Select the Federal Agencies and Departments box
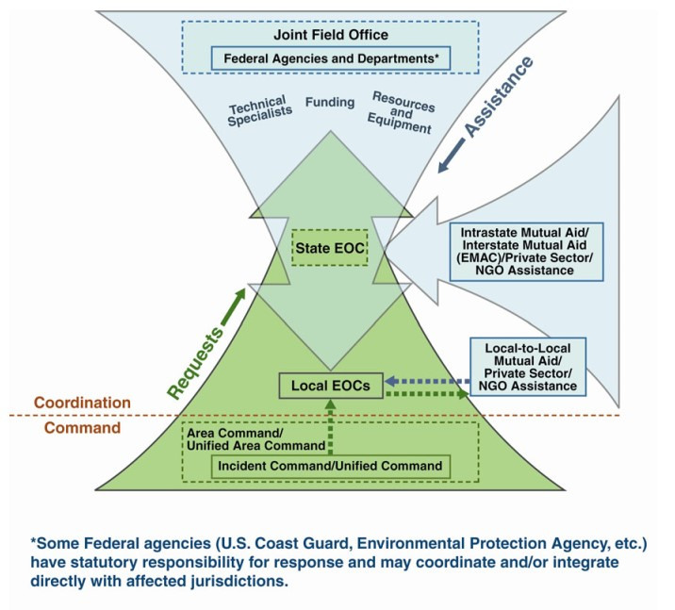tap(331, 58)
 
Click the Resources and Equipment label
tap(402, 111)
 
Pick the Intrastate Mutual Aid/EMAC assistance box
tap(524, 250)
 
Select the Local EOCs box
tap(329, 385)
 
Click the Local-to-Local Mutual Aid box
tap(527, 366)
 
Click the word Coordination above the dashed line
tap(82, 403)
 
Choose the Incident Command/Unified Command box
tap(330, 466)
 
